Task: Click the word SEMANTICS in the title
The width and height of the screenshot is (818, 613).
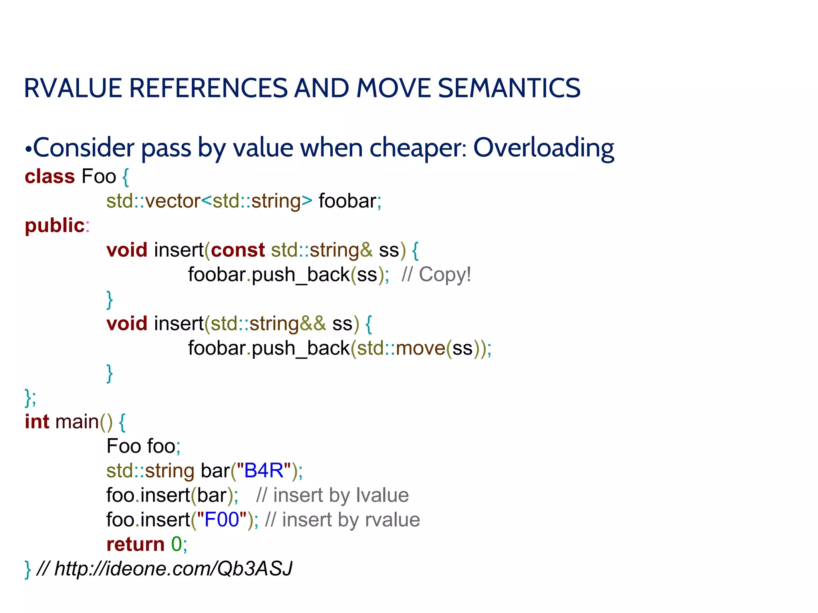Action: (509, 88)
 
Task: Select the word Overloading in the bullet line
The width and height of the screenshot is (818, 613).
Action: (543, 148)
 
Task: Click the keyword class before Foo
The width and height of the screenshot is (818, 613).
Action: (50, 176)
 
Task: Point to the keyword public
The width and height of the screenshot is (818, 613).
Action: (55, 225)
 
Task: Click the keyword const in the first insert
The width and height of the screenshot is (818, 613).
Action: (238, 250)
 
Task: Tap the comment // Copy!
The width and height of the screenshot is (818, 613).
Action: (436, 275)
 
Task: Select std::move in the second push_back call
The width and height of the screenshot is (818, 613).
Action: (401, 348)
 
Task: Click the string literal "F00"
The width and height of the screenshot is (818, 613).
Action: (222, 520)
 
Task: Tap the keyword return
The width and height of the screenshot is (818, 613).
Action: (135, 544)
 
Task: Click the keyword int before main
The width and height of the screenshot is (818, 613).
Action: (37, 422)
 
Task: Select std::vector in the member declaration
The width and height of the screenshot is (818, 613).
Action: (153, 201)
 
